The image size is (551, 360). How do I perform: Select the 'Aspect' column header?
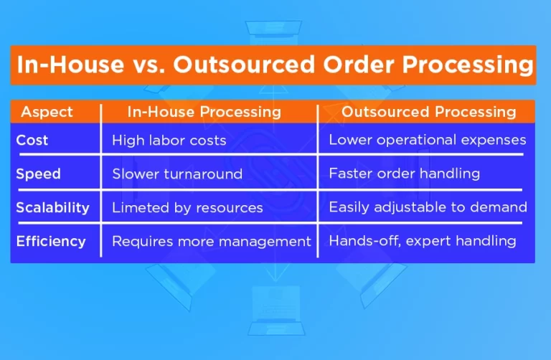tap(47, 112)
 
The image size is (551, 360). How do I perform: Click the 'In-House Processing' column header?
tap(204, 112)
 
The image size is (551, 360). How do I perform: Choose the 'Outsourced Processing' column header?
tap(428, 112)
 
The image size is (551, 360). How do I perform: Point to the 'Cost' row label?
tap(32, 140)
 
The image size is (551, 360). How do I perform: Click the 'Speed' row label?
tap(38, 174)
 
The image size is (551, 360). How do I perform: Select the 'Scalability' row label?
tap(52, 207)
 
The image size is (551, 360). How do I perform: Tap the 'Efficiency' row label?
tap(50, 241)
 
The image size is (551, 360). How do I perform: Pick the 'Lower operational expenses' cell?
tap(427, 141)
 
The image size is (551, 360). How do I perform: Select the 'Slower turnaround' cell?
tap(176, 174)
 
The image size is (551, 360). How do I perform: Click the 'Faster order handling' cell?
tap(404, 174)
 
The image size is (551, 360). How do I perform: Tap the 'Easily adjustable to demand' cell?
tap(428, 208)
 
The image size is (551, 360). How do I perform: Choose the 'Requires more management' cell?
tap(211, 242)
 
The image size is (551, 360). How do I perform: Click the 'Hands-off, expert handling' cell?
tap(422, 242)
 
